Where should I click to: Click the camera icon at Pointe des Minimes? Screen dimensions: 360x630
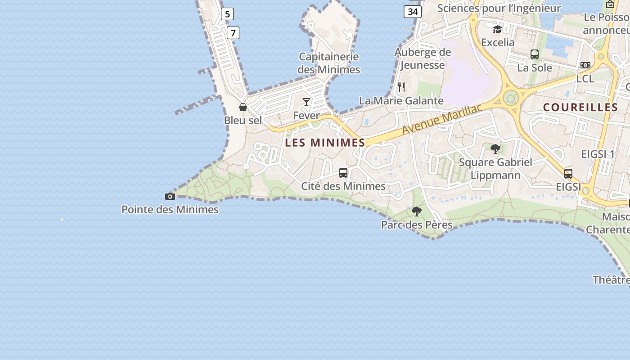coord(170,196)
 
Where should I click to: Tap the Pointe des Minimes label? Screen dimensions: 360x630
coord(170,210)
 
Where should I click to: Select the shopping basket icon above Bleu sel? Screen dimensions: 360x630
coord(243,107)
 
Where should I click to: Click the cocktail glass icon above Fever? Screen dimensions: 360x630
coord(306,102)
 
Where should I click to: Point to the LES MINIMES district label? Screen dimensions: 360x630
coord(325,143)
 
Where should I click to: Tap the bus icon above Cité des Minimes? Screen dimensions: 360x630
coord(343,173)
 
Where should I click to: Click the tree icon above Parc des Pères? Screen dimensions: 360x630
coord(417,211)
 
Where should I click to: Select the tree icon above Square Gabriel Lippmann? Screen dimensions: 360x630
coord(495,148)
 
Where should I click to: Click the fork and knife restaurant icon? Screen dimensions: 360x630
coord(401,87)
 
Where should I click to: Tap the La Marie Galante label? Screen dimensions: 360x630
coord(401,100)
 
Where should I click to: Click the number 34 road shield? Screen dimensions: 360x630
coord(412,12)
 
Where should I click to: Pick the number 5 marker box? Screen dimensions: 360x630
coord(227,14)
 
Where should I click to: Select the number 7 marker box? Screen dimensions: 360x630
coord(233,33)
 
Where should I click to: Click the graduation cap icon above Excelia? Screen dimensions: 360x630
coord(497,30)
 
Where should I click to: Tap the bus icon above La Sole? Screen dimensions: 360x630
coord(535,54)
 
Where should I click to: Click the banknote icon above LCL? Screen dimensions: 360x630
coord(585,65)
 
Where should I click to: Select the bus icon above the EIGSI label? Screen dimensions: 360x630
coord(568,174)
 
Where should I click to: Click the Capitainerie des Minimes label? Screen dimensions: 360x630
coord(329,63)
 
